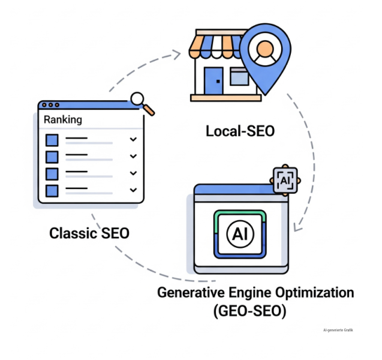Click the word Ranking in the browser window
pyautogui.click(x=63, y=120)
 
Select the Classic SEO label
pyautogui.click(x=89, y=233)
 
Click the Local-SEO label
pyautogui.click(x=240, y=130)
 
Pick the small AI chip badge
pyautogui.click(x=285, y=179)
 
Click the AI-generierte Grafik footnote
pyautogui.click(x=338, y=329)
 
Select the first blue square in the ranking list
pyautogui.click(x=53, y=140)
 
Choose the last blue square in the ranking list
pyautogui.click(x=53, y=190)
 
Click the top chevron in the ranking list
pyautogui.click(x=133, y=140)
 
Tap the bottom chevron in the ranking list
pyautogui.click(x=133, y=190)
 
